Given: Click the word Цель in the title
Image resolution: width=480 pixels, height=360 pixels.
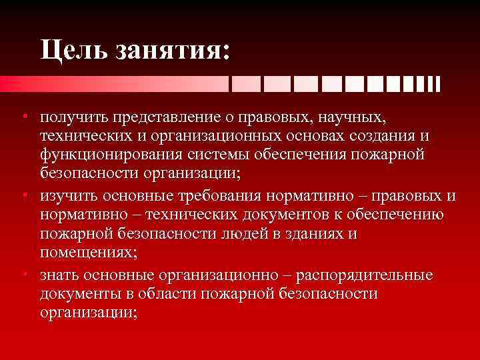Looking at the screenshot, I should [73, 50].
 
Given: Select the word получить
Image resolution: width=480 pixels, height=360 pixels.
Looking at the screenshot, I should [71, 118].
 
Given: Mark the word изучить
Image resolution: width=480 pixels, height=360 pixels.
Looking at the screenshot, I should [68, 197].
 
